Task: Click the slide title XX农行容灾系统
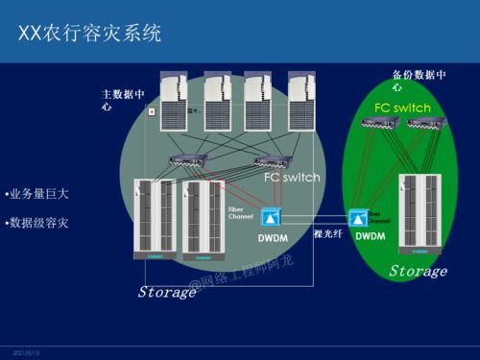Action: click(90, 33)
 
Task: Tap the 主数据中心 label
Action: click(123, 100)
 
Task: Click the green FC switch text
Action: click(402, 108)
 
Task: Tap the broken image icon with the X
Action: click(151, 112)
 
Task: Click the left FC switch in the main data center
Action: click(183, 160)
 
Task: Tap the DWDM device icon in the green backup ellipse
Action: click(360, 217)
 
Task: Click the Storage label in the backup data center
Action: click(418, 272)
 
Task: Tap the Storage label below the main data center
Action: click(167, 292)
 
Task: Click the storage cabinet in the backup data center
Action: click(421, 213)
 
